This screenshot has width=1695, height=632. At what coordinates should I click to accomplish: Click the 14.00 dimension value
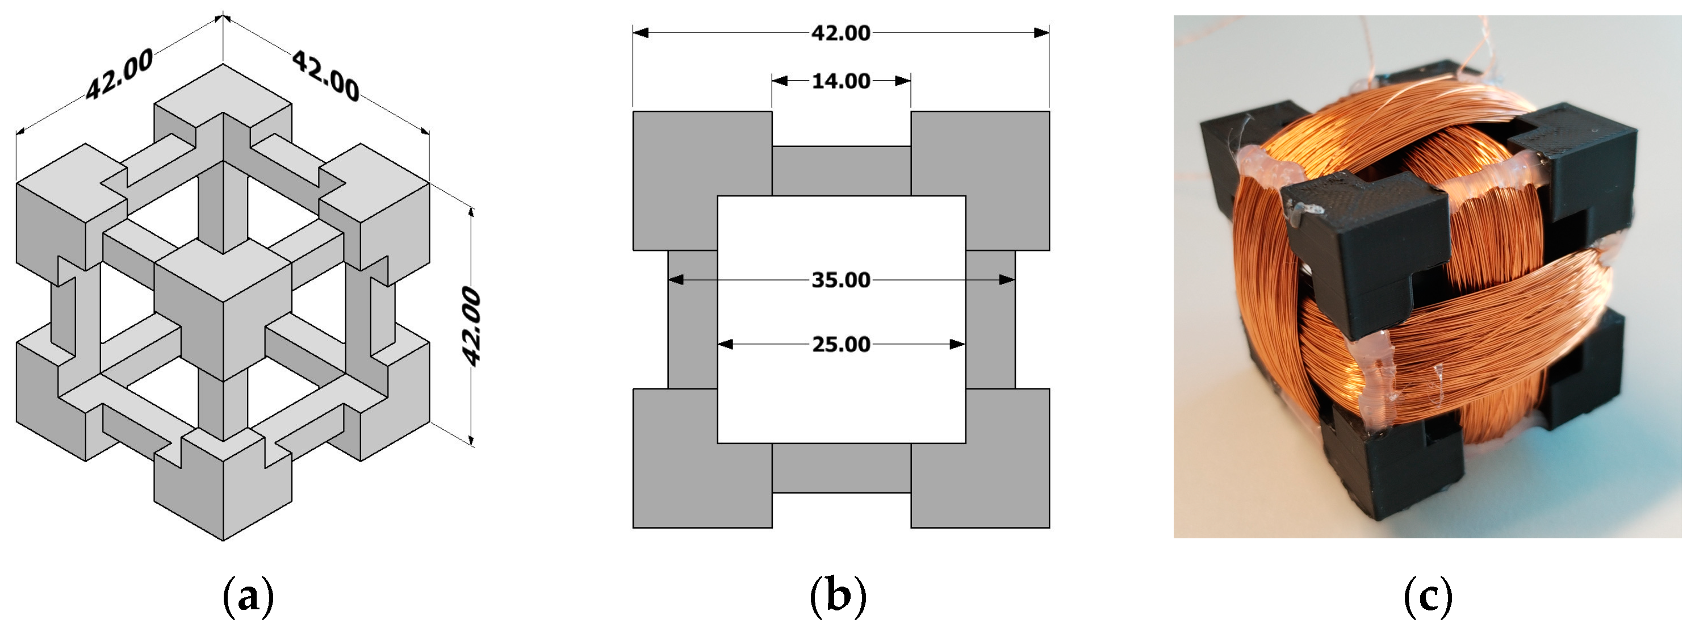point(841,81)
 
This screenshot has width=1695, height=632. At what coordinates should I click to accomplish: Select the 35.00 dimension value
point(841,280)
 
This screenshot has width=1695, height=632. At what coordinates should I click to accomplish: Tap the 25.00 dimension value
point(841,344)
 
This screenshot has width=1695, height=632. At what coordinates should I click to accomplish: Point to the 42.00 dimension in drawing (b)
point(841,33)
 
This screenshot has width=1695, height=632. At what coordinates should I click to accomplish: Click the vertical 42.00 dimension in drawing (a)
point(472,326)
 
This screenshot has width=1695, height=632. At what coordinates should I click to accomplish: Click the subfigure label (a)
point(248,596)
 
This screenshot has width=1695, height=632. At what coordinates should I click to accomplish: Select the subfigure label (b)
point(838,596)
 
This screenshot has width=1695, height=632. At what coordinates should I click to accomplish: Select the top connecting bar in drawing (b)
point(841,171)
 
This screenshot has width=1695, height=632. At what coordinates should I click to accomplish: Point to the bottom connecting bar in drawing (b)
point(841,468)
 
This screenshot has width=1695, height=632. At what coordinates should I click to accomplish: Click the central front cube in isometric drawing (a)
point(223,309)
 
